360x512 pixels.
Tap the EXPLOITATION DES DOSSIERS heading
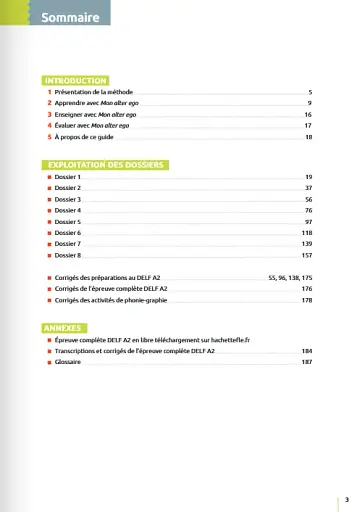pos(105,163)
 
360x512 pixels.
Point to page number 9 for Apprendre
pos(310,103)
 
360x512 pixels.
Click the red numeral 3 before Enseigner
pos(49,115)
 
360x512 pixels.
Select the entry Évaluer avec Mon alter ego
pos(94,126)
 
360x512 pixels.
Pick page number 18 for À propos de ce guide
pos(309,138)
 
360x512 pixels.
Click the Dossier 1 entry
pos(69,176)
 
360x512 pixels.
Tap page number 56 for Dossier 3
pos(309,199)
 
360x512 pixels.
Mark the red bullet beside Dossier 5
pos(49,221)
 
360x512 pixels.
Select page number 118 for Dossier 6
pos(307,232)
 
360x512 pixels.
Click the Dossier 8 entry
pos(69,255)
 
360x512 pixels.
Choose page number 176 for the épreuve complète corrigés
pos(307,288)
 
